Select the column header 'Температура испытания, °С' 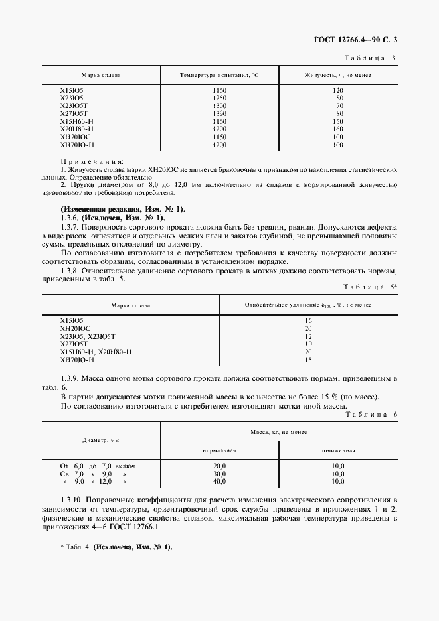tap(219, 76)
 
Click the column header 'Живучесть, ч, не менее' tap(338, 76)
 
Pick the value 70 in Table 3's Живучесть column tap(339, 105)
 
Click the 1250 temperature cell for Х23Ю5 tap(219, 98)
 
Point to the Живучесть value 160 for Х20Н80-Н tap(338, 129)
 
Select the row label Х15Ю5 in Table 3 tap(72, 90)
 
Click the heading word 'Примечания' tap(92, 162)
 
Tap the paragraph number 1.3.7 tap(72, 227)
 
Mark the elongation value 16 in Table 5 tap(308, 320)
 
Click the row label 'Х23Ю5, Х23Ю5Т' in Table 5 tap(88, 336)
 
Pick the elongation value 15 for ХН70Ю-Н tap(308, 360)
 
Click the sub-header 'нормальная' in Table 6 tap(220, 450)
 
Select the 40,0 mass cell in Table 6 tap(219, 482)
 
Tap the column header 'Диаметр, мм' tap(100, 440)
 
